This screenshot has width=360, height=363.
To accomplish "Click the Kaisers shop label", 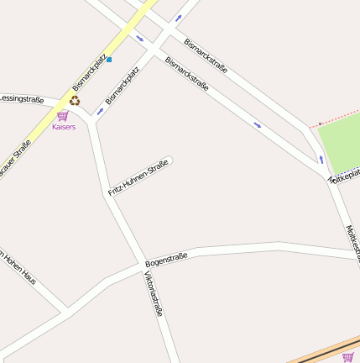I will tap(63, 127).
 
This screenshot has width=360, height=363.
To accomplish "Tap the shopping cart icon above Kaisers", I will tap(62, 116).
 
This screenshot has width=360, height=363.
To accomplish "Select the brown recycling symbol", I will tap(75, 101).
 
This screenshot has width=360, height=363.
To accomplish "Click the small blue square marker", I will tap(108, 60).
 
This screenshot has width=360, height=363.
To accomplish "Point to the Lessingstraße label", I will tap(22, 99).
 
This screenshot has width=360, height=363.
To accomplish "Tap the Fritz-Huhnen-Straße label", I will tap(138, 177).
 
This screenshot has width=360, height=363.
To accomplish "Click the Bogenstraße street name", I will tap(166, 260).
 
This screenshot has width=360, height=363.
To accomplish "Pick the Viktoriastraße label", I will tap(154, 293).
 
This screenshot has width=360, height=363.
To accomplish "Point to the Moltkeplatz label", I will tap(345, 176).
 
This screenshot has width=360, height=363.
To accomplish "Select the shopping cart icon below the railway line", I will tap(347, 357).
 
